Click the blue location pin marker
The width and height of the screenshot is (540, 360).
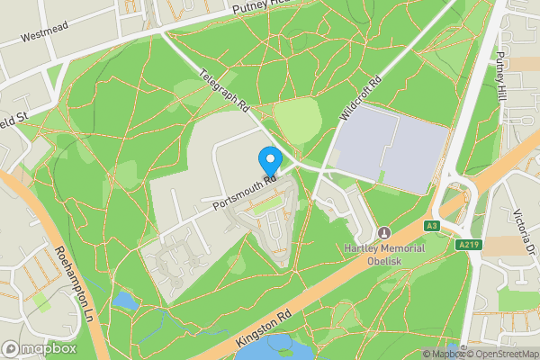pyautogui.click(x=269, y=161)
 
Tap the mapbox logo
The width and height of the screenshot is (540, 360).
pyautogui.click(x=40, y=348)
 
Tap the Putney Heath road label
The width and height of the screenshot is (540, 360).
pyautogui.click(x=257, y=7)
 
